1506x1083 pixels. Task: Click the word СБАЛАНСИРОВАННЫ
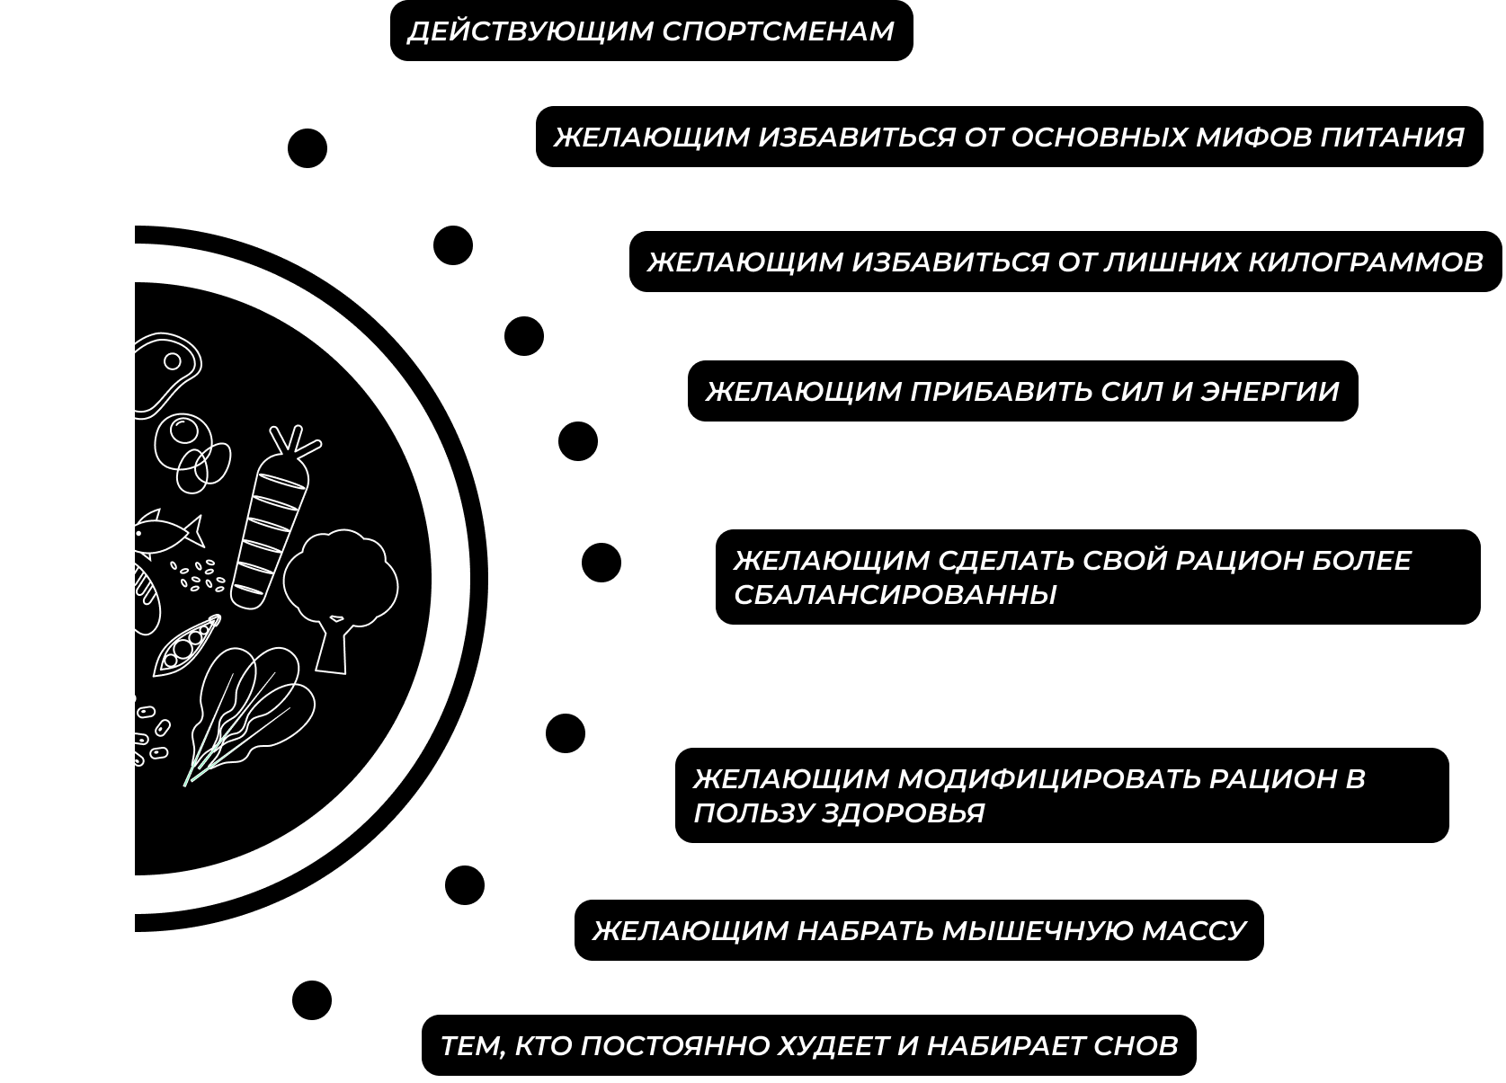click(895, 594)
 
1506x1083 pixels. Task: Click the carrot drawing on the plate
click(267, 521)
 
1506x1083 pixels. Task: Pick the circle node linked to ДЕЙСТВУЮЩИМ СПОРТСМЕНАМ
click(307, 147)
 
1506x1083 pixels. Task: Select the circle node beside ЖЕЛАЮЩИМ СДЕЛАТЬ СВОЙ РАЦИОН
click(601, 563)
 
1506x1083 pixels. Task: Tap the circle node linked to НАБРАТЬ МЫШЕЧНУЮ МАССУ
click(465, 886)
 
